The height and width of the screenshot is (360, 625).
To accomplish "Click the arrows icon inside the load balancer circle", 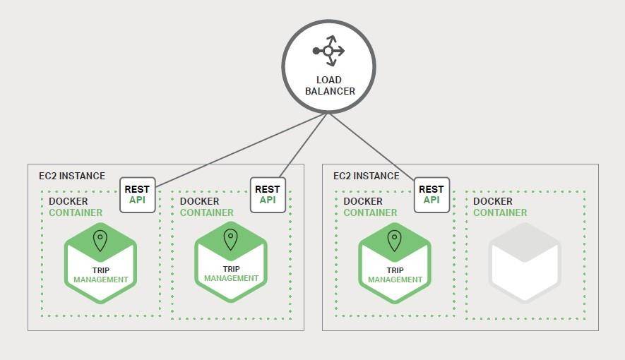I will pos(329,51).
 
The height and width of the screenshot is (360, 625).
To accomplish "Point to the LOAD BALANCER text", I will pos(330,85).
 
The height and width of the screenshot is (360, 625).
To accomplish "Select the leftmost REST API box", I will pos(137,194).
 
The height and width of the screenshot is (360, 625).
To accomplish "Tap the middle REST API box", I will pos(268,194).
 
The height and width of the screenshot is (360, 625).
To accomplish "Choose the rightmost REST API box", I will pos(431,194).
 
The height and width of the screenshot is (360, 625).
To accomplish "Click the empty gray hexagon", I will pos(525,263).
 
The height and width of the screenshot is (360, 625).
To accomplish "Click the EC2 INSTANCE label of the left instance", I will pos(71,176).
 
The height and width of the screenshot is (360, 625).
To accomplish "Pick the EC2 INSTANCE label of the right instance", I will pos(366,176).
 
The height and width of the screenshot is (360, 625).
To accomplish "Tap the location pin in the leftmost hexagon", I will pos(100,241).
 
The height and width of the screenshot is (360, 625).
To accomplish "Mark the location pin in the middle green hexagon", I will pos(231,239).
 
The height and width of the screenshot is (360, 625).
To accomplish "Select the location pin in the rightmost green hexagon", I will pos(395,241).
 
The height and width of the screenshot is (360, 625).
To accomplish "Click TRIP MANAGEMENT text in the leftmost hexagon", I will pos(101,275).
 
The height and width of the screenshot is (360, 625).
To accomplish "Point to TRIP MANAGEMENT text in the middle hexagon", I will pos(232,273).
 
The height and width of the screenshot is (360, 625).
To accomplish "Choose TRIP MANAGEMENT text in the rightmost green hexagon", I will pos(395,275).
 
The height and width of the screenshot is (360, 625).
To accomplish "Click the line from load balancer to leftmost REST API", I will pos(240,150).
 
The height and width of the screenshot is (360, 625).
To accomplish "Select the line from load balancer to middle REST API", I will pos(304,146).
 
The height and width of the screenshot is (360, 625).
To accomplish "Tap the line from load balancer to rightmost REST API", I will pos(371,146).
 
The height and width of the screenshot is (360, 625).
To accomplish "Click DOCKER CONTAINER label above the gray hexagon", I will pos(500,207).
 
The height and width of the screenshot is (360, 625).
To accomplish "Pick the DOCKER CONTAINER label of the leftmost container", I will pos(76,207).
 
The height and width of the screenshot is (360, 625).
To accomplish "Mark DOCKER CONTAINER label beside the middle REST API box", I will pos(207,207).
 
